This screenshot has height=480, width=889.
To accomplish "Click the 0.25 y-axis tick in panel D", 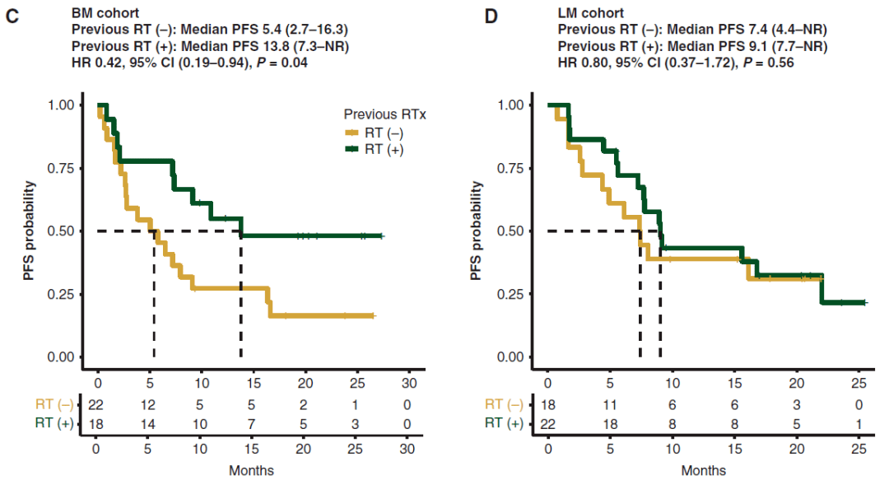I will click(x=514, y=294).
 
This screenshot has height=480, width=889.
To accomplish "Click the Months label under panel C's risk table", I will click(x=252, y=471).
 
